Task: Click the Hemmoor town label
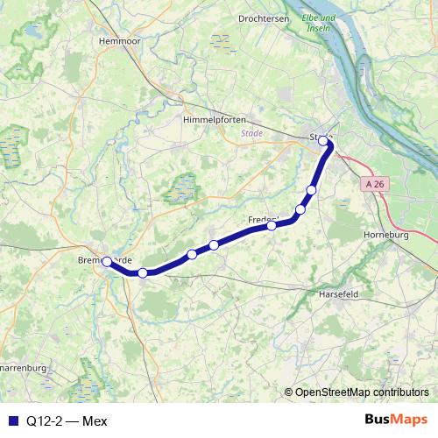[121, 40]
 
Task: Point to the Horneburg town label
[385, 236]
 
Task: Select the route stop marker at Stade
[323, 141]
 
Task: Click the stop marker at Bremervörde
[107, 261]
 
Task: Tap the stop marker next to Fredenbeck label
[272, 225]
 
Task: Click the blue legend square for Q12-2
[12, 420]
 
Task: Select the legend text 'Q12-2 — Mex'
[67, 420]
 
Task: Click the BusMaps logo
[396, 420]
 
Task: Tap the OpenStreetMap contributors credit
[362, 393]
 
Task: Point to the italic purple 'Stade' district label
[251, 134]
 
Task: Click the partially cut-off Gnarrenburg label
[22, 368]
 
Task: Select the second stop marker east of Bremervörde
[192, 255]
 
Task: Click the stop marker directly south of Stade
[311, 190]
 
